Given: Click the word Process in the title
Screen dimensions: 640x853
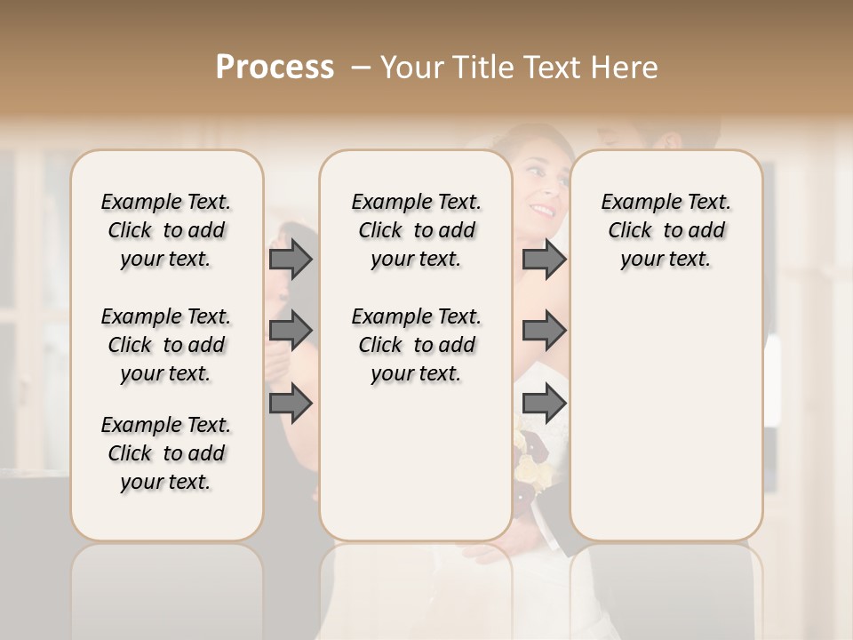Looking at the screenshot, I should point(275,68).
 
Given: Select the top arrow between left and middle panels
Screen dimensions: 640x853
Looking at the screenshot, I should point(291,259).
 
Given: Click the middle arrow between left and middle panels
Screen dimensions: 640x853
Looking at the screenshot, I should point(291,331).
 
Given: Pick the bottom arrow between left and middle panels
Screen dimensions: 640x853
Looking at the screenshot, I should point(291,403).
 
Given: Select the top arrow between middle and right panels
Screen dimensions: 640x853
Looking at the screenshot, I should point(544,259).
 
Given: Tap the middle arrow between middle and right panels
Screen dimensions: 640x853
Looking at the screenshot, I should point(544,331).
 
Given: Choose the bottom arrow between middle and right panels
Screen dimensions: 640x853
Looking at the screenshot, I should point(544,403).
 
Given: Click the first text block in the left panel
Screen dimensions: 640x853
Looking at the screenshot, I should point(166,230).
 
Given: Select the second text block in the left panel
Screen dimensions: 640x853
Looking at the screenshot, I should point(166,345).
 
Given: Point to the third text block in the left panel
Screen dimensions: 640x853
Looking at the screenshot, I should point(166,453).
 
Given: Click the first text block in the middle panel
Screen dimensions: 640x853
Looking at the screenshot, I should point(416,230).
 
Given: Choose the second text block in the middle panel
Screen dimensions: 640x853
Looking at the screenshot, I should point(416,345).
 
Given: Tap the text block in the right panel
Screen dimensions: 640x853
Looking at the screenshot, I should point(666,230).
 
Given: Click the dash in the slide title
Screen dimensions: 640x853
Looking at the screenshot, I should point(361,68).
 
